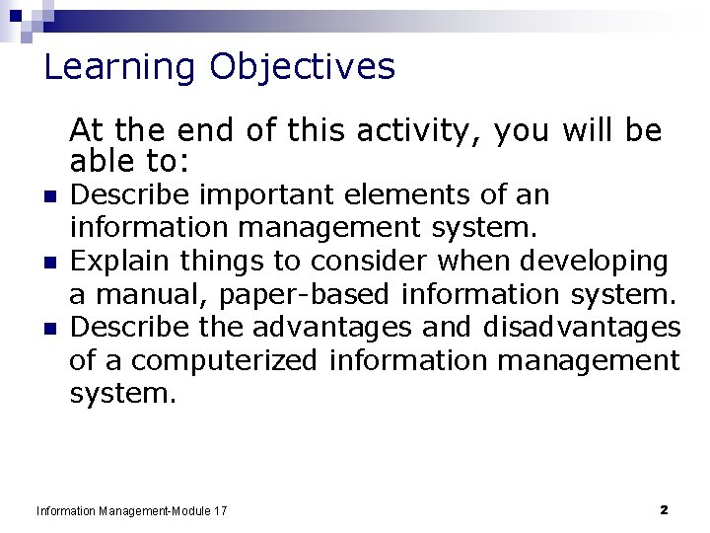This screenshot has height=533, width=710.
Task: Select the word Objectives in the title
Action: click(302, 68)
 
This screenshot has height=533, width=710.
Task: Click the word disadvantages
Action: click(582, 327)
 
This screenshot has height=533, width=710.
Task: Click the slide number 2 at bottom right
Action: click(664, 510)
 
